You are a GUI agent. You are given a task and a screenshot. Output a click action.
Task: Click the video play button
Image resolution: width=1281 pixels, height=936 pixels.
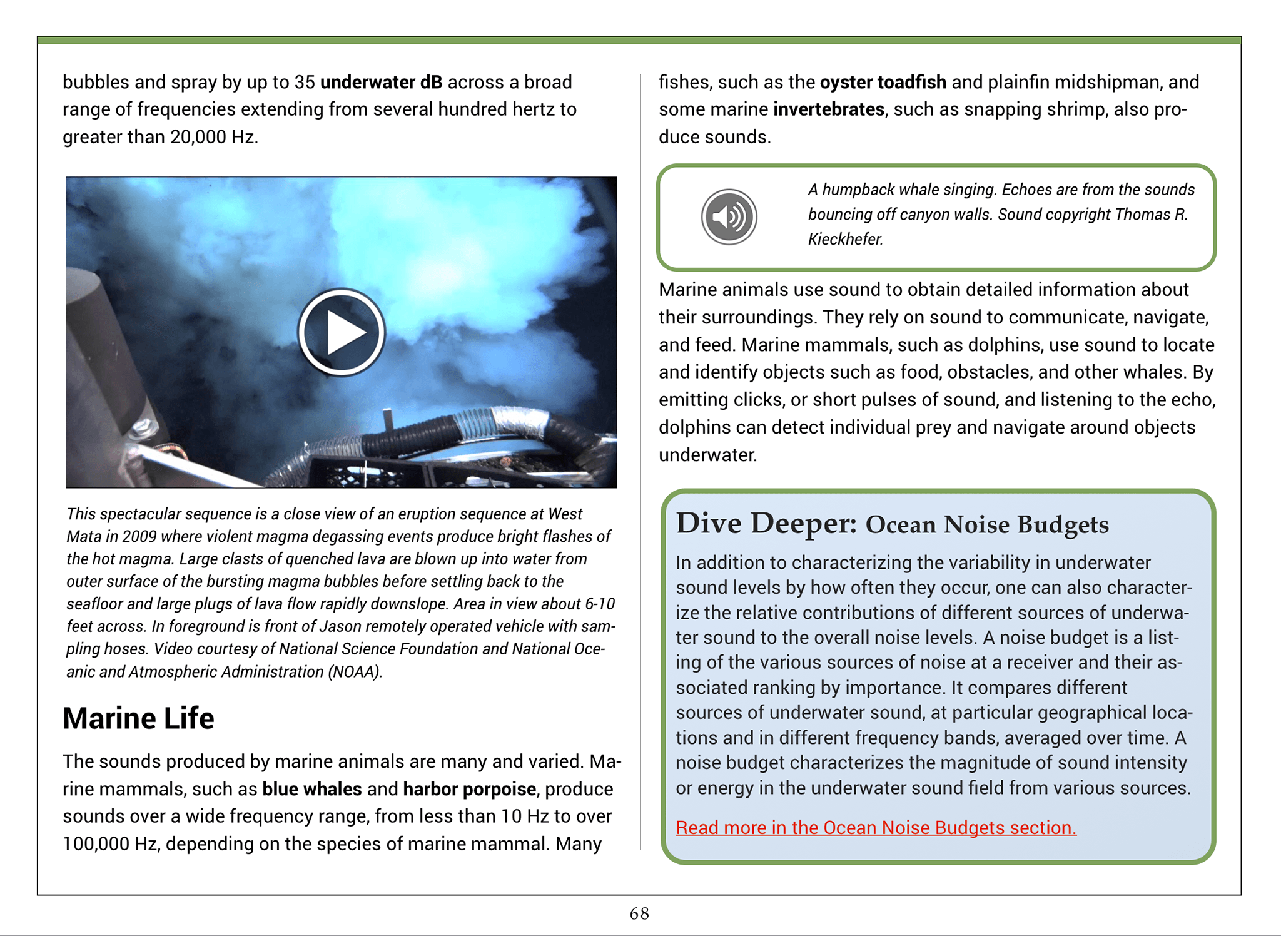tap(342, 332)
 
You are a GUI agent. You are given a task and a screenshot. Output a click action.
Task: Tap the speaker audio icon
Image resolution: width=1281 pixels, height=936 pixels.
tap(729, 216)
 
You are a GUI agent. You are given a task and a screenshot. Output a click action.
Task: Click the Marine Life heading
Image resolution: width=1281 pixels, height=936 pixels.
tap(138, 718)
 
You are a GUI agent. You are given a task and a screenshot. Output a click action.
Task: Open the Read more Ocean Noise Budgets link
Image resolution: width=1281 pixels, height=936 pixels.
tap(876, 827)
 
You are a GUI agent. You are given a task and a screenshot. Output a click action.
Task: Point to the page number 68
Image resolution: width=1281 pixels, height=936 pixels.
tap(639, 913)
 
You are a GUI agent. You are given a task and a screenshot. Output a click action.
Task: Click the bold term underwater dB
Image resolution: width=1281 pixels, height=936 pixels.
tap(381, 82)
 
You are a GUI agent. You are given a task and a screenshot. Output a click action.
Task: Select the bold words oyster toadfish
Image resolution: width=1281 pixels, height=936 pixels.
tap(883, 82)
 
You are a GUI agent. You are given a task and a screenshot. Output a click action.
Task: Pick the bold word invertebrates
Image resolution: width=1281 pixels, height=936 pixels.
tap(828, 109)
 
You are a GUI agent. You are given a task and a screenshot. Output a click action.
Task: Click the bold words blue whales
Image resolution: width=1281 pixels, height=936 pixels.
tap(311, 789)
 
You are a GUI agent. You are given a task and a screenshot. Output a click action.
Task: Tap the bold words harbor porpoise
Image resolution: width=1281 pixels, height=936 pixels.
tap(469, 789)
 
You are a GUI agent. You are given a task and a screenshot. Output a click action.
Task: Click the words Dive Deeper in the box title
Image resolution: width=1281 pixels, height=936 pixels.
tap(766, 523)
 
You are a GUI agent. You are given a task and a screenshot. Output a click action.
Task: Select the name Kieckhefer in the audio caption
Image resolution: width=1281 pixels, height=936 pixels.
tap(844, 239)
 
